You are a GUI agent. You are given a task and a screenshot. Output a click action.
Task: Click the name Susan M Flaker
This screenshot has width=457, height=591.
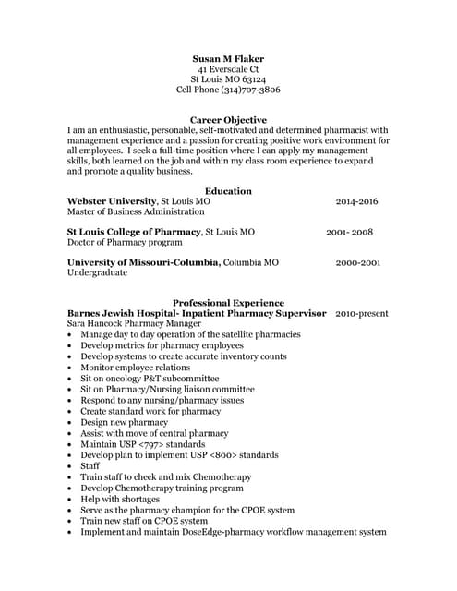[228, 57]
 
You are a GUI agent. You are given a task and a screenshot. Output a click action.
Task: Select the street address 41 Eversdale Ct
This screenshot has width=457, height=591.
[228, 68]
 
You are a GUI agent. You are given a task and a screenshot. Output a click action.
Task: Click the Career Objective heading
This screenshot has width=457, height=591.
[228, 120]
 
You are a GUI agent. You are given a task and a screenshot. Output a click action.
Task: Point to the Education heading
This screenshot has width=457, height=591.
[228, 191]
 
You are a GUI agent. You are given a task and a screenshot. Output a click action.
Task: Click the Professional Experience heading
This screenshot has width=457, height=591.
[228, 303]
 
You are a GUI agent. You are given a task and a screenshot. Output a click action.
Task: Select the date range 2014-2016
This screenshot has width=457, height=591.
[356, 201]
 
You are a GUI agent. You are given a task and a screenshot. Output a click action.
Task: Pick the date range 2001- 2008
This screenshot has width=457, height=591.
[349, 232]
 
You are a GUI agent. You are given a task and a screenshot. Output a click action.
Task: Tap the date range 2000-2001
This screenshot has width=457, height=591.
[358, 263]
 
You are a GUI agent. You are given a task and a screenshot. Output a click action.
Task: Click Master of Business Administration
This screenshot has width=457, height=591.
[132, 211]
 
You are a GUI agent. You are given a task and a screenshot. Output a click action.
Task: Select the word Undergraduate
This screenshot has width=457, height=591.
[99, 273]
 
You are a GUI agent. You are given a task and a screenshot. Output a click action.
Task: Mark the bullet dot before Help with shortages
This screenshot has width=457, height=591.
[70, 500]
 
